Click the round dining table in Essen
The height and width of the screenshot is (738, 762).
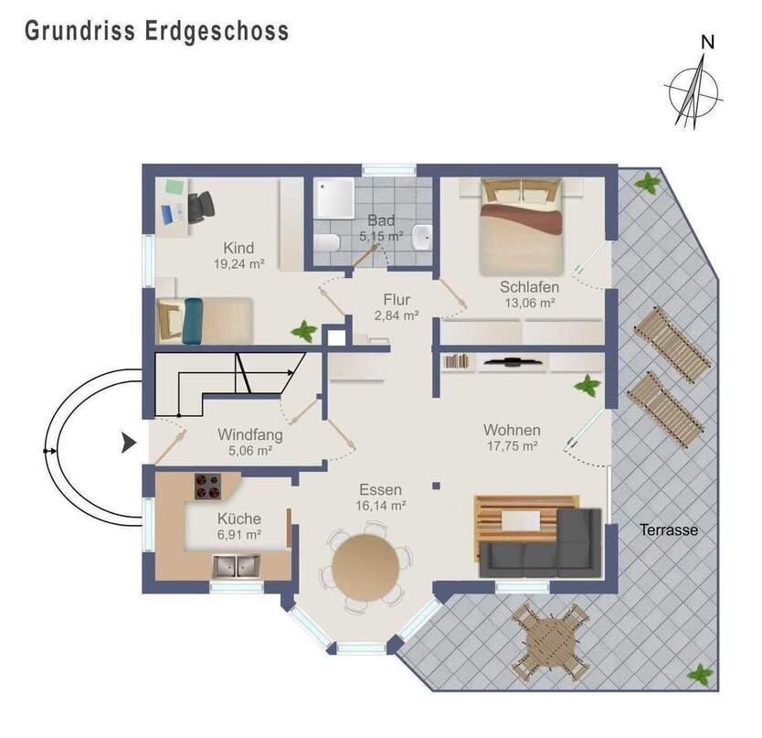coord(367,566)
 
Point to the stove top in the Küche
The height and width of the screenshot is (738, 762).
coord(209,486)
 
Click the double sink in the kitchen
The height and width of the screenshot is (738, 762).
coord(236,567)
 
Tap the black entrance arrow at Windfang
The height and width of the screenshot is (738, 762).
coord(129,444)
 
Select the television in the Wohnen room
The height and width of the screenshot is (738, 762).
coord(514,362)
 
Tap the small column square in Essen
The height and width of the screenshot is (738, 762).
coord(436,486)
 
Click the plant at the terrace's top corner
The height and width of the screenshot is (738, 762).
coord(648,182)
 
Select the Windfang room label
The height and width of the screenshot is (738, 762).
coord(249,435)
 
